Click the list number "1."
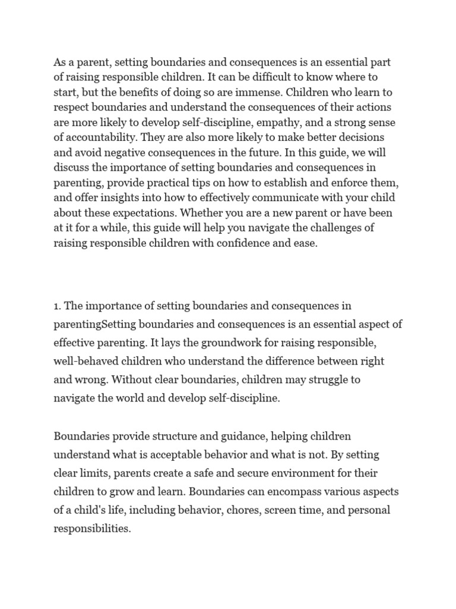click(58, 306)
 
